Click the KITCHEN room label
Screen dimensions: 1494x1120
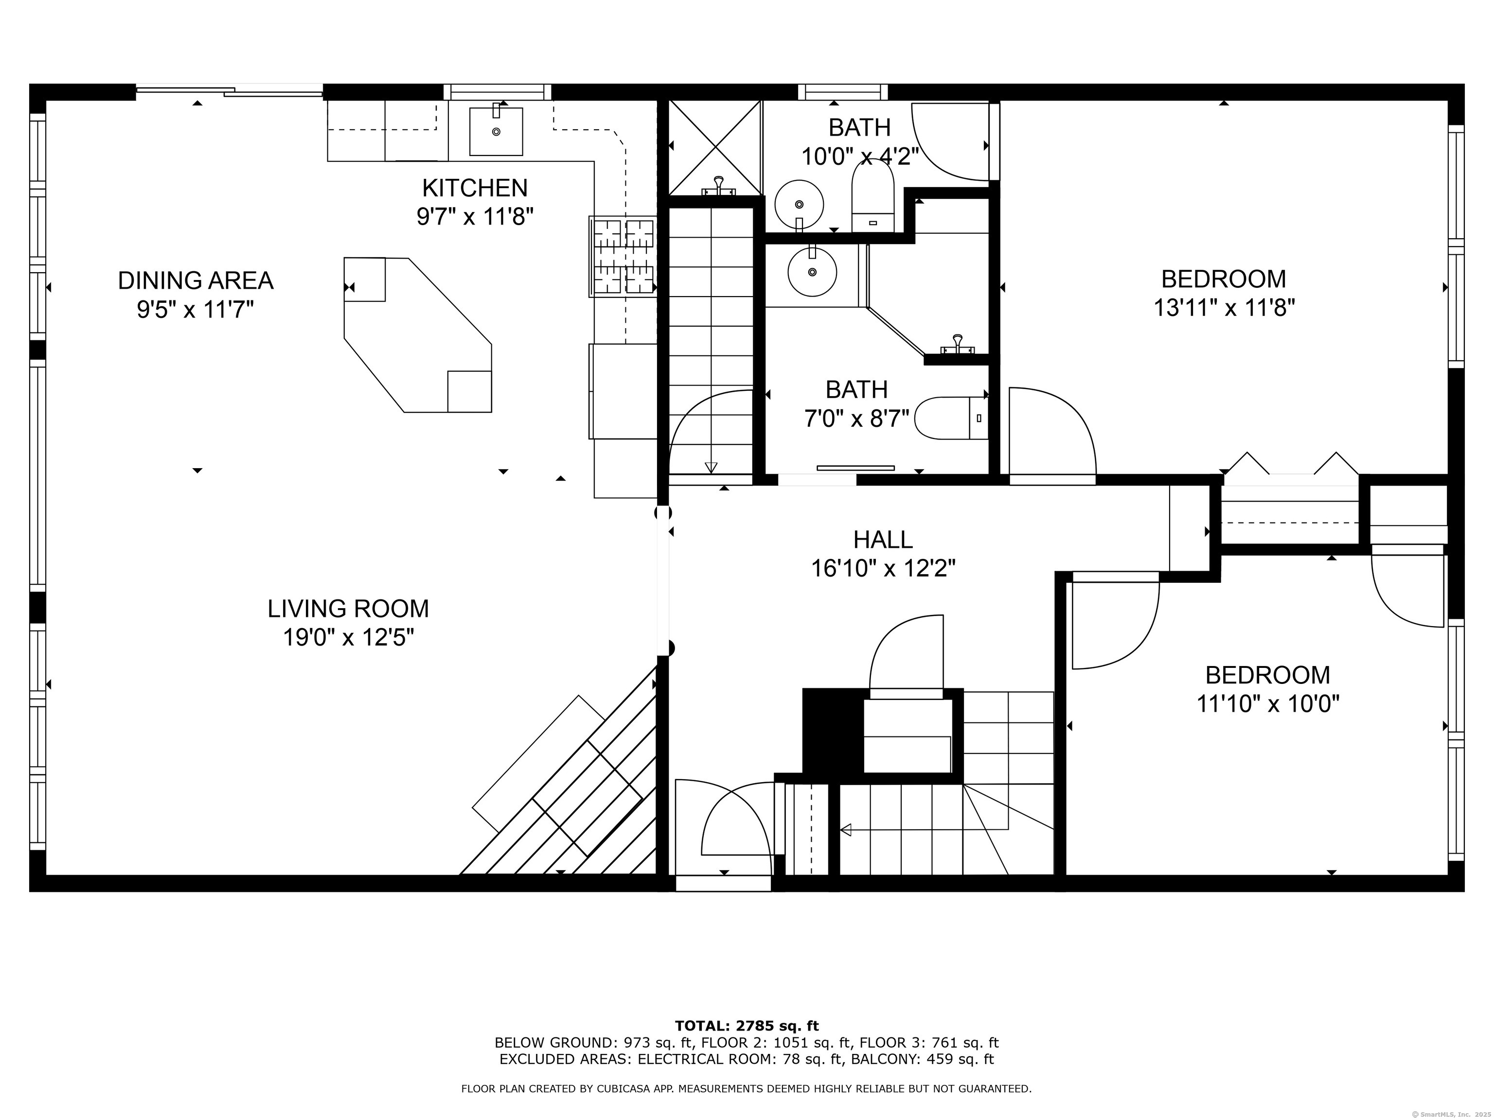(x=475, y=187)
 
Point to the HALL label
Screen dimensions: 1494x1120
(x=883, y=540)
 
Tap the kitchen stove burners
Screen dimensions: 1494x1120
(x=622, y=257)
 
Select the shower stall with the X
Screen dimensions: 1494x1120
(x=714, y=148)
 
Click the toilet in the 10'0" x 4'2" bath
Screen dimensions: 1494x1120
(x=872, y=196)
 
